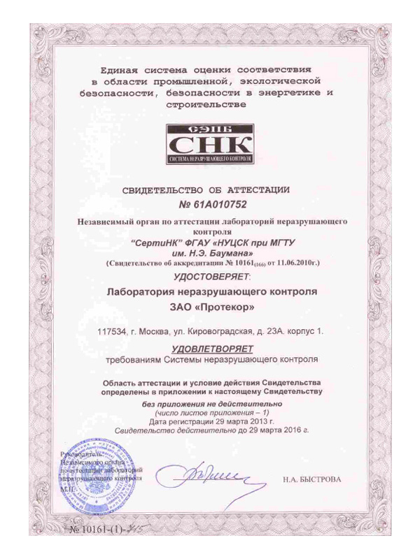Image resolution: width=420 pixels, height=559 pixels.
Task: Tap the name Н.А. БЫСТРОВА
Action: [x=312, y=480]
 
